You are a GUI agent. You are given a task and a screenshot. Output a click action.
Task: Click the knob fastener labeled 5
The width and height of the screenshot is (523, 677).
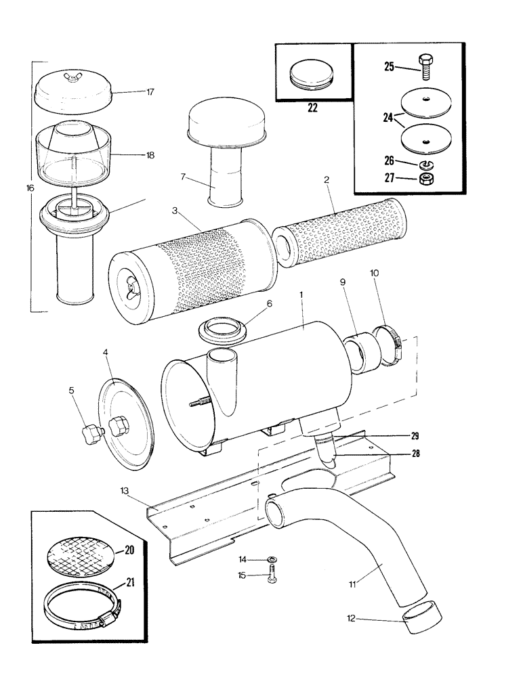pos(91,431)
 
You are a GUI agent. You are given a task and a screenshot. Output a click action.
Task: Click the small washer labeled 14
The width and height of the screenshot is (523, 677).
pos(271,559)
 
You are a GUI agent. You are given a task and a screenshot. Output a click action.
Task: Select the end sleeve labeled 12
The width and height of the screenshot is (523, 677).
pos(419,619)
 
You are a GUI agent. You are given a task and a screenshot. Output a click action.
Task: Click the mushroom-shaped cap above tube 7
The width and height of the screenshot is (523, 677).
pos(219,126)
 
